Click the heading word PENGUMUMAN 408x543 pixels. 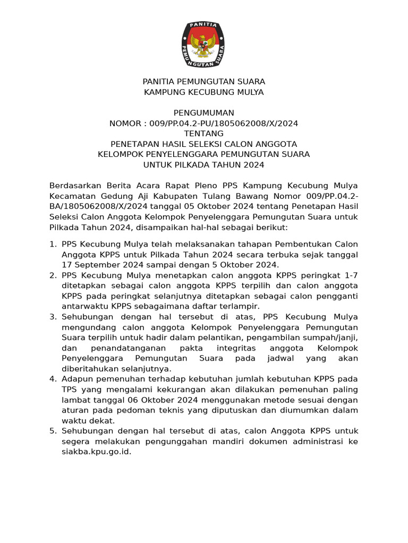point(204,113)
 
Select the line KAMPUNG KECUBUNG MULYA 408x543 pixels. point(204,92)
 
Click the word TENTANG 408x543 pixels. point(204,134)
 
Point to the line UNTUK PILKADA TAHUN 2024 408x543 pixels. point(204,165)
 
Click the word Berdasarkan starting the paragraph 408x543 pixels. point(74,186)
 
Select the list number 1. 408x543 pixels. point(52,244)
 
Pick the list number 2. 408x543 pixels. point(52,276)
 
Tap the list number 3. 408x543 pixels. point(52,317)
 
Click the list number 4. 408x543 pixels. point(52,379)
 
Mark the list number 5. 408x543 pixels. point(52,431)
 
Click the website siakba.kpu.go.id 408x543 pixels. point(96,452)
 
